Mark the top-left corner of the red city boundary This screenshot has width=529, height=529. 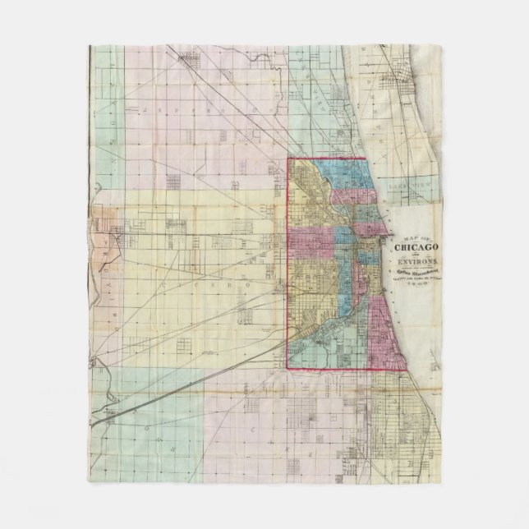[x=287, y=158]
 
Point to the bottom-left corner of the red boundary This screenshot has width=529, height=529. [x=287, y=369]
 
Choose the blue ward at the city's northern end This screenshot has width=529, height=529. [x=329, y=177]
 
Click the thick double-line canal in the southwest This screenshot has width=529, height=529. [x=164, y=394]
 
